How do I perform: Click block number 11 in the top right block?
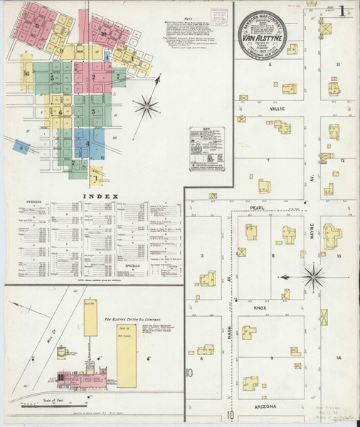pyautogui.click(x=339, y=64)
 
